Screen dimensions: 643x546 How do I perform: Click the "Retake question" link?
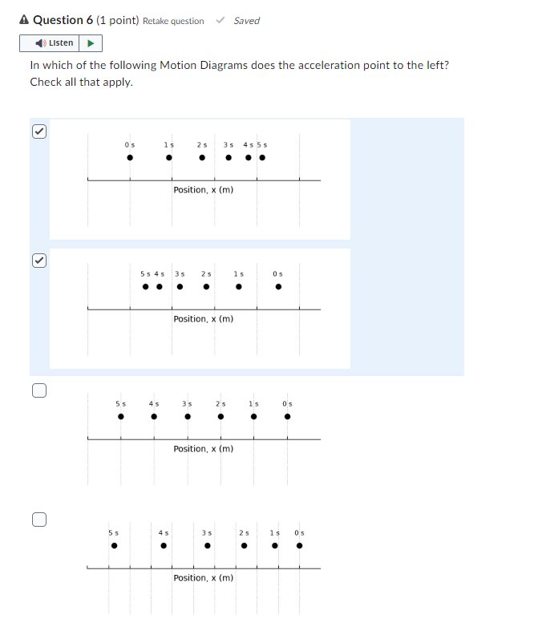coord(173,21)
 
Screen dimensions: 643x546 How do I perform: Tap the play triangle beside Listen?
coord(91,43)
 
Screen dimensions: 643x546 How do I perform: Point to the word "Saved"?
coord(246,21)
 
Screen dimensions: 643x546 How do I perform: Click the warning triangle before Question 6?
coord(24,20)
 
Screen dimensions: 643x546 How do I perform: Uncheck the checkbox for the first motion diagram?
coord(38,131)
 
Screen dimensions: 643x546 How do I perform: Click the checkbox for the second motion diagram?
coord(38,261)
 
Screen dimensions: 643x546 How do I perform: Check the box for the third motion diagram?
coord(38,390)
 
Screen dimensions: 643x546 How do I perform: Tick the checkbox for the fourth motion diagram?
coord(38,520)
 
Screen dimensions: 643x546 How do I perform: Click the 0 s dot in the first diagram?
coord(130,157)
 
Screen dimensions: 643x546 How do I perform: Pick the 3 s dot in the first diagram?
coord(229,157)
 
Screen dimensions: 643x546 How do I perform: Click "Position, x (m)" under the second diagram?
coord(204,319)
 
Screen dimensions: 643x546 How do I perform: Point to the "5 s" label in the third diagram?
coord(120,403)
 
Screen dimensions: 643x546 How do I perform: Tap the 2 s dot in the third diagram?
coord(220,417)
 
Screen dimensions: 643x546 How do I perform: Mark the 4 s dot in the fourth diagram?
coord(163,547)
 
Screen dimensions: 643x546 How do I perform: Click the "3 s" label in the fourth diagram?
coord(207,533)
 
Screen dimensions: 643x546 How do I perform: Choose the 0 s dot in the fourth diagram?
coord(300,547)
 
